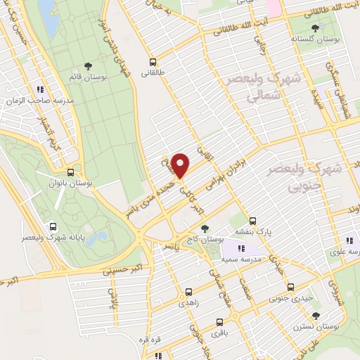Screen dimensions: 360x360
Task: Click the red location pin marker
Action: [181, 165]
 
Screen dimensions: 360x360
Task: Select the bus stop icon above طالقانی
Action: [153, 61]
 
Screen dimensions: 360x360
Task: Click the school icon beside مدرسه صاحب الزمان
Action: [40, 89]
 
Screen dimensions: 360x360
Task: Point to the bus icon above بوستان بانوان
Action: [70, 172]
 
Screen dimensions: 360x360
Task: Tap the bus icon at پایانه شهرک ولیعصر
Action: [53, 226]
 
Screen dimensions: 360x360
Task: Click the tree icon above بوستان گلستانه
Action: [313, 29]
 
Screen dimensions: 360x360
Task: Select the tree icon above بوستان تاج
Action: [205, 229]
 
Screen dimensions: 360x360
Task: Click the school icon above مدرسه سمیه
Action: [241, 248]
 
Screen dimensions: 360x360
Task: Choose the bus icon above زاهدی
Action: [188, 292]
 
